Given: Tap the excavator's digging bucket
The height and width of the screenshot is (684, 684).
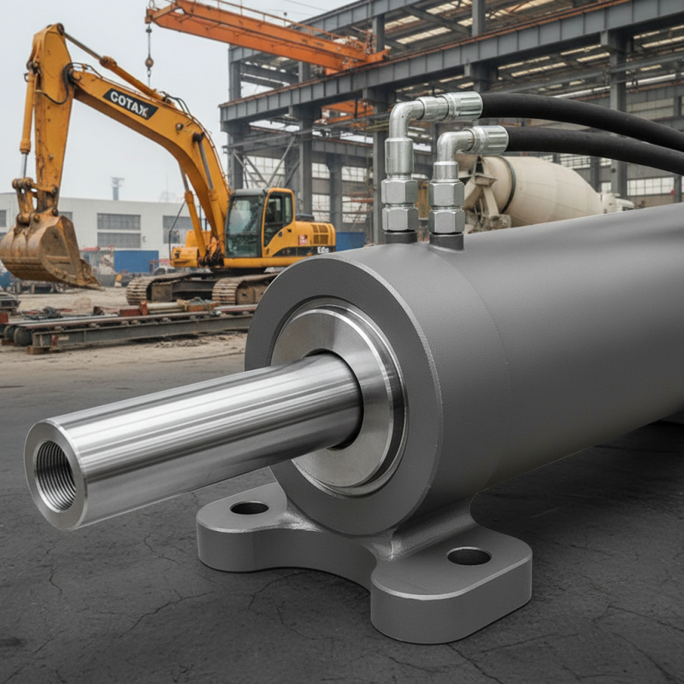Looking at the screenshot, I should coord(43,250).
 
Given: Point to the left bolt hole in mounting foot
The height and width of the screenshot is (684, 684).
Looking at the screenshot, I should coord(250,508).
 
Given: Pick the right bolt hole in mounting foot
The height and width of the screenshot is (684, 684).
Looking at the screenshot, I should coord(469,556).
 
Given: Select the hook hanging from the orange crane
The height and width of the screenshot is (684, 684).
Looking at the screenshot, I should coord(149,64).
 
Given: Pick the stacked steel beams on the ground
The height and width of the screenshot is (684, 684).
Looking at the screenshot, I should coord(128,329).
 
